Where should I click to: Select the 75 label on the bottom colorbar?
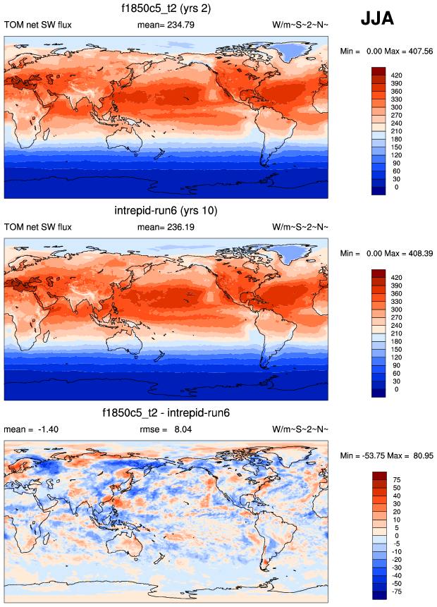click(x=397, y=479)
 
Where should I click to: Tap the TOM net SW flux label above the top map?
click(x=38, y=25)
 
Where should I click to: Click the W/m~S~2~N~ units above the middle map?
click(x=300, y=227)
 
